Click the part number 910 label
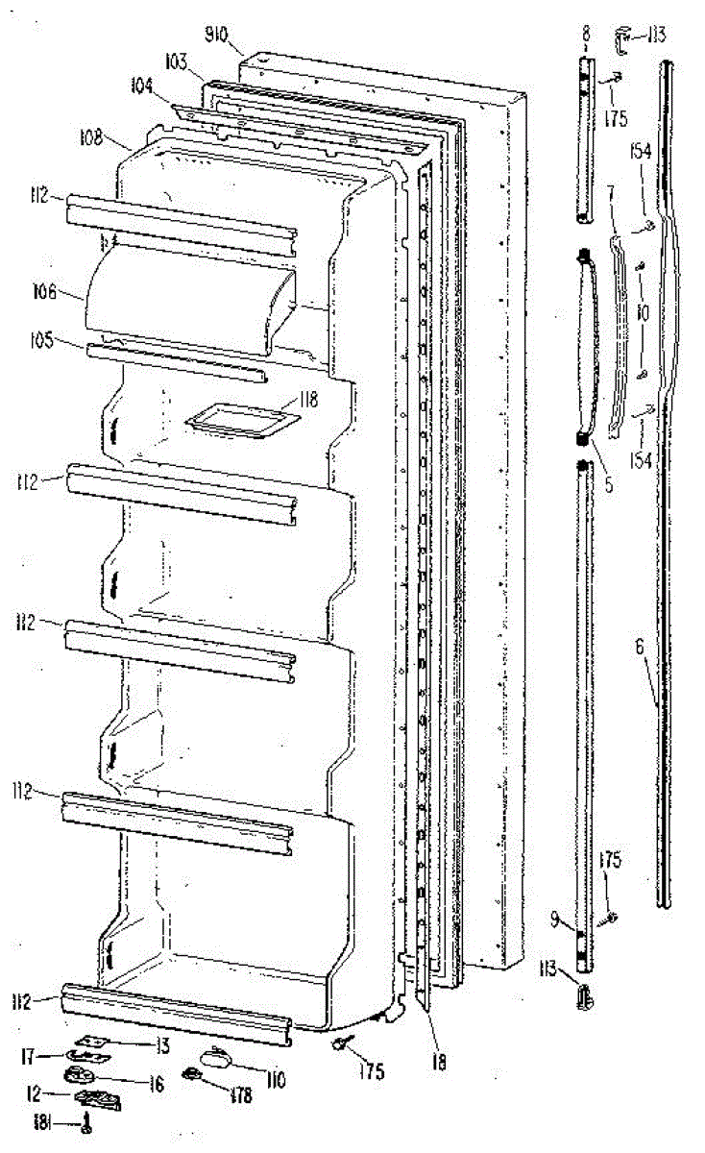(x=215, y=37)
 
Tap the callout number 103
(x=175, y=60)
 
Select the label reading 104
(x=142, y=85)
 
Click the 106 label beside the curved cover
(x=69, y=291)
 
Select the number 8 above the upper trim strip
(x=585, y=36)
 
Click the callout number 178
(x=241, y=1094)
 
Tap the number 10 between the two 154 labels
(x=642, y=313)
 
